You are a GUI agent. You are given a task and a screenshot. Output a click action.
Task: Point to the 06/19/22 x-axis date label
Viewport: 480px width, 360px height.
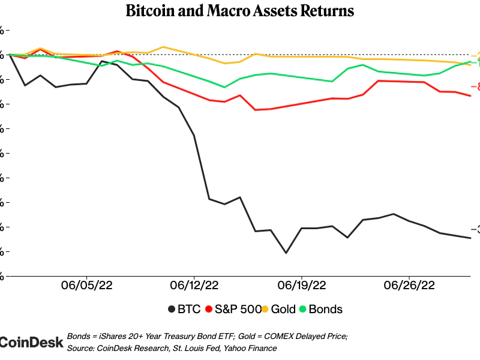pos(302,284)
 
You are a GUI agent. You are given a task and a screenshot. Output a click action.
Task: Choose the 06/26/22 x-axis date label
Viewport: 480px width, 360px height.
pos(409,284)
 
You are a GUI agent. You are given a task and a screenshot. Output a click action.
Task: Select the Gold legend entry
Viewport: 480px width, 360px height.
pos(283,310)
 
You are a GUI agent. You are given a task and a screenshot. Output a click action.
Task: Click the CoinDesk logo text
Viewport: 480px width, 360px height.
pos(31,342)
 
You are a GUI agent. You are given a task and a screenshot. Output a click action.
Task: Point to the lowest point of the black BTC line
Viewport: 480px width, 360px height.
pos(286,253)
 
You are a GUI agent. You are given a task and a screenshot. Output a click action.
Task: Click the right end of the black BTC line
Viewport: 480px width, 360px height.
pos(470,238)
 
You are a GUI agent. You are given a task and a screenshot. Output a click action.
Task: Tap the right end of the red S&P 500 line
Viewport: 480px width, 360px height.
pos(470,96)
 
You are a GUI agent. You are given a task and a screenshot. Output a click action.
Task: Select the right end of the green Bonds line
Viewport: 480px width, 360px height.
pos(470,61)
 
